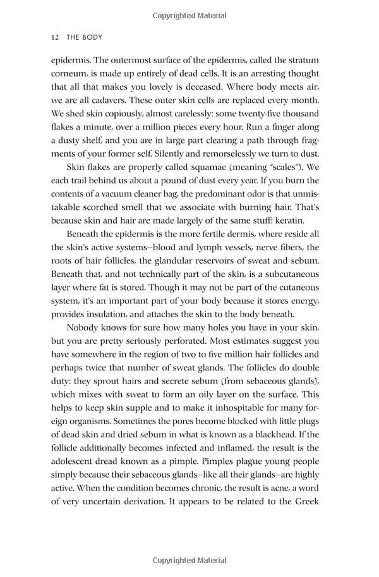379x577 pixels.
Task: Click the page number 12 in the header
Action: pyautogui.click(x=54, y=37)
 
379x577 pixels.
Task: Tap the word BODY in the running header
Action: pyautogui.click(x=90, y=37)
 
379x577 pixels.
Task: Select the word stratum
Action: pyautogui.click(x=303, y=59)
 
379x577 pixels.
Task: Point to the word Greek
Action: pyautogui.click(x=305, y=502)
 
